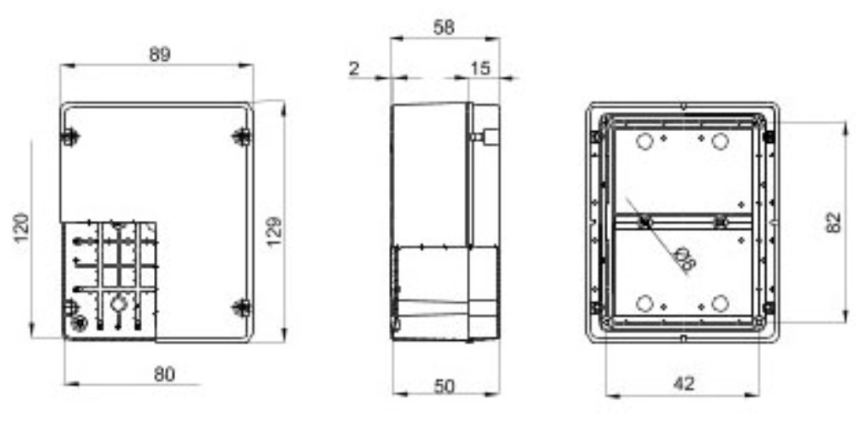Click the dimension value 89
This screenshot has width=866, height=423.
coord(159,54)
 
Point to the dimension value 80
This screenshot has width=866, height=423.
coord(165,373)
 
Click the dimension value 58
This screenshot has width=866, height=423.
coord(443,27)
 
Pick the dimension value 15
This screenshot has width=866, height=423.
coord(480,69)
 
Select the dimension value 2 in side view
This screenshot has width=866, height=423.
coord(354,69)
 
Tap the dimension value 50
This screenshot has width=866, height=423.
coord(444,386)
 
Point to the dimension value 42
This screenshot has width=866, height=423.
coord(684,383)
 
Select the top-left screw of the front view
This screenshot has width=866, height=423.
coord(70,135)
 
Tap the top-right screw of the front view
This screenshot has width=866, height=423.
coord(242,135)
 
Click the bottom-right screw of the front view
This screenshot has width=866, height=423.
coord(242,307)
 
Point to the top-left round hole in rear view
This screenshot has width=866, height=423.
coord(644,141)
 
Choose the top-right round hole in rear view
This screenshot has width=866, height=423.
coord(720,141)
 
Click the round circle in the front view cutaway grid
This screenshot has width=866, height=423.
coord(119,302)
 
